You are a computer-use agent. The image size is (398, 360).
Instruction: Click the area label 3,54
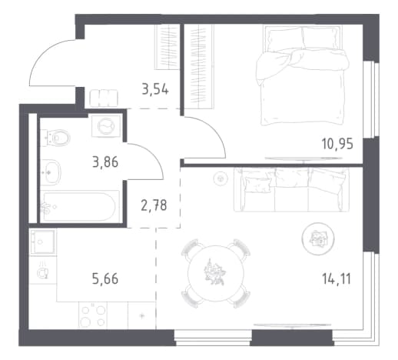pyautogui.click(x=155, y=89)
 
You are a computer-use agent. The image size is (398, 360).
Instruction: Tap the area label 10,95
pyautogui.click(x=337, y=144)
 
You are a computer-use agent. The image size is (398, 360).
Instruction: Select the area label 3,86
pyautogui.click(x=105, y=162)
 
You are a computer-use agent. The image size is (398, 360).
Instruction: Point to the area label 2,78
pyautogui.click(x=154, y=205)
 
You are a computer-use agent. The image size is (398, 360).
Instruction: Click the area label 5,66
pyautogui.click(x=105, y=278)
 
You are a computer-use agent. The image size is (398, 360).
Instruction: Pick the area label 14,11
pyautogui.click(x=337, y=278)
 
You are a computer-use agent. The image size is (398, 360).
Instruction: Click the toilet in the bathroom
pyautogui.click(x=55, y=138)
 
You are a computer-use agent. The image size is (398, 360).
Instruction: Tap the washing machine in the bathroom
pyautogui.click(x=106, y=126)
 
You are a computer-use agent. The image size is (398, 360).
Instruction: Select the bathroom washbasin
pyautogui.click(x=51, y=172)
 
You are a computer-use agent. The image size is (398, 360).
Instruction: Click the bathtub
pyautogui.click(x=80, y=206)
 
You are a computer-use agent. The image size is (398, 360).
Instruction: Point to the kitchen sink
pyautogui.click(x=42, y=242)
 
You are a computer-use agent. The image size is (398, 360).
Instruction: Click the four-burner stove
pyautogui.click(x=93, y=315)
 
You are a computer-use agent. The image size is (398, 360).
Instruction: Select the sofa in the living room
pyautogui.click(x=291, y=190)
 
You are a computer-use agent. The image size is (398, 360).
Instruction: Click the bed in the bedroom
pyautogui.click(x=303, y=75)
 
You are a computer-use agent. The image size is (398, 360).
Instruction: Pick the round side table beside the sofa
pyautogui.click(x=318, y=238)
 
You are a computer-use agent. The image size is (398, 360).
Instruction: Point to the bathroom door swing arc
pyautogui.click(x=154, y=154)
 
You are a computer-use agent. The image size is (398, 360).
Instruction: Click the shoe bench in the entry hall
pyautogui.click(x=104, y=98)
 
